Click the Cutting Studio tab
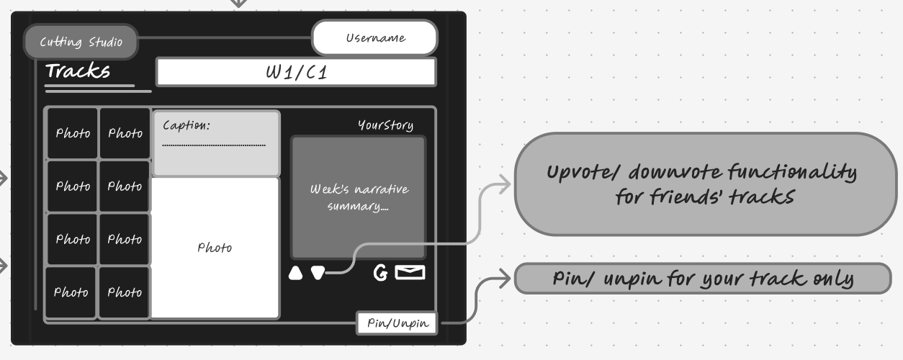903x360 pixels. pos(81,42)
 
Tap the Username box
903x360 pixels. pos(374,38)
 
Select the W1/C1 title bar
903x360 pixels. pos(296,72)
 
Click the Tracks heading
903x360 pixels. pos(78,71)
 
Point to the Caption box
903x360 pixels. pos(216,143)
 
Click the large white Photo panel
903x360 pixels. pos(215,248)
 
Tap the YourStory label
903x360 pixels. pos(385,125)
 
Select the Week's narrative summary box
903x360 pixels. pos(359,197)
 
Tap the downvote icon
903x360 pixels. pos(317,273)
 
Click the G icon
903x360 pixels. pos(380,273)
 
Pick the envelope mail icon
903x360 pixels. pos(410,273)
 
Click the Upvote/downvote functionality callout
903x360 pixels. pos(703,184)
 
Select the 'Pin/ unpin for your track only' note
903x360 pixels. pos(703,279)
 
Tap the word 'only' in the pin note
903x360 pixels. pos(829,279)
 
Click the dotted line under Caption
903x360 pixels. pos(214,145)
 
